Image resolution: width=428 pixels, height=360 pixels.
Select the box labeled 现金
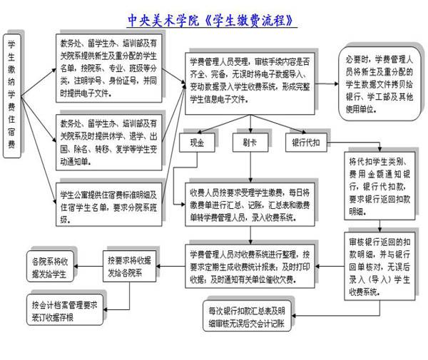(x=196, y=142)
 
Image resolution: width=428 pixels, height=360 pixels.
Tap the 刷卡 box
(x=249, y=142)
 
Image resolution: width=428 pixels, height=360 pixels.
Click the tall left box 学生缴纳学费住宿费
(x=12, y=92)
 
